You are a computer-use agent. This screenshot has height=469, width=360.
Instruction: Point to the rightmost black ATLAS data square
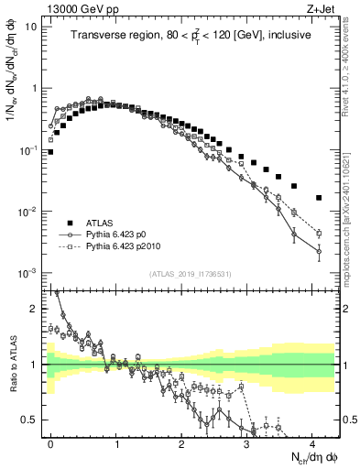point(319,197)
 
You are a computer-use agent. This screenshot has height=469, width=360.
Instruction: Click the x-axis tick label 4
point(312,442)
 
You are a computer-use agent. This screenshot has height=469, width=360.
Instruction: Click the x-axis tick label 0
point(51,442)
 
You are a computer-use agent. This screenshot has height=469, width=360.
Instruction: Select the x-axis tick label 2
point(182,442)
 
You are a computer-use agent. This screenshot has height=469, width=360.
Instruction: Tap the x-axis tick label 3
point(247,442)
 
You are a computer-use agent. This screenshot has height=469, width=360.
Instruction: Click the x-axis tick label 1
point(117,442)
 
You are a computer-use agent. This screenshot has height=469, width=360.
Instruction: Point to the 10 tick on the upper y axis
point(30,27)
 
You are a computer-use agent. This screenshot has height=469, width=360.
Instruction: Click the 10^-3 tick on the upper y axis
point(27,273)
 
